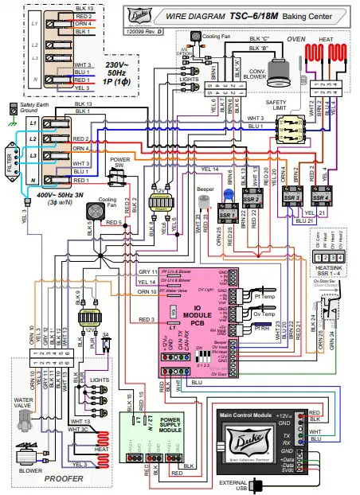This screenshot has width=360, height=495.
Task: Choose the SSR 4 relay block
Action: pyautogui.click(x=323, y=196)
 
